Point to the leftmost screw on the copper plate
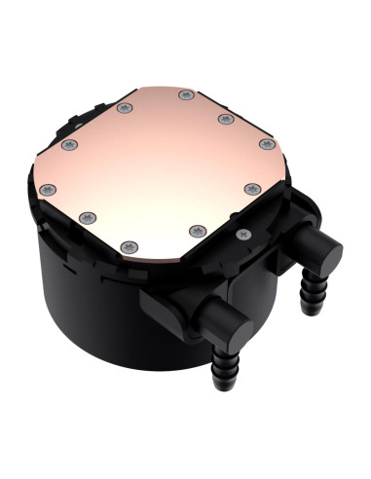tap(67, 145)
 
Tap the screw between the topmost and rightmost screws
tap(227, 118)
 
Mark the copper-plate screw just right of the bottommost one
tap(196, 230)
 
